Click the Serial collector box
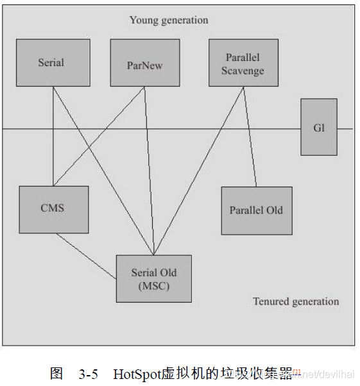[51, 63]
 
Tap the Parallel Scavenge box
[243, 63]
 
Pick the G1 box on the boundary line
[319, 127]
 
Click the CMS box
[53, 210]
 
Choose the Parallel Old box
[256, 210]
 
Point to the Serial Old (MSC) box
[154, 279]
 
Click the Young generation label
[169, 20]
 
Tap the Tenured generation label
[296, 301]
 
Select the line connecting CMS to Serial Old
[85, 256]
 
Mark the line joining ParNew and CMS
[99, 135]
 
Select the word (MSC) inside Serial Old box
[154, 286]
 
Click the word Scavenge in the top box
[243, 71]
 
